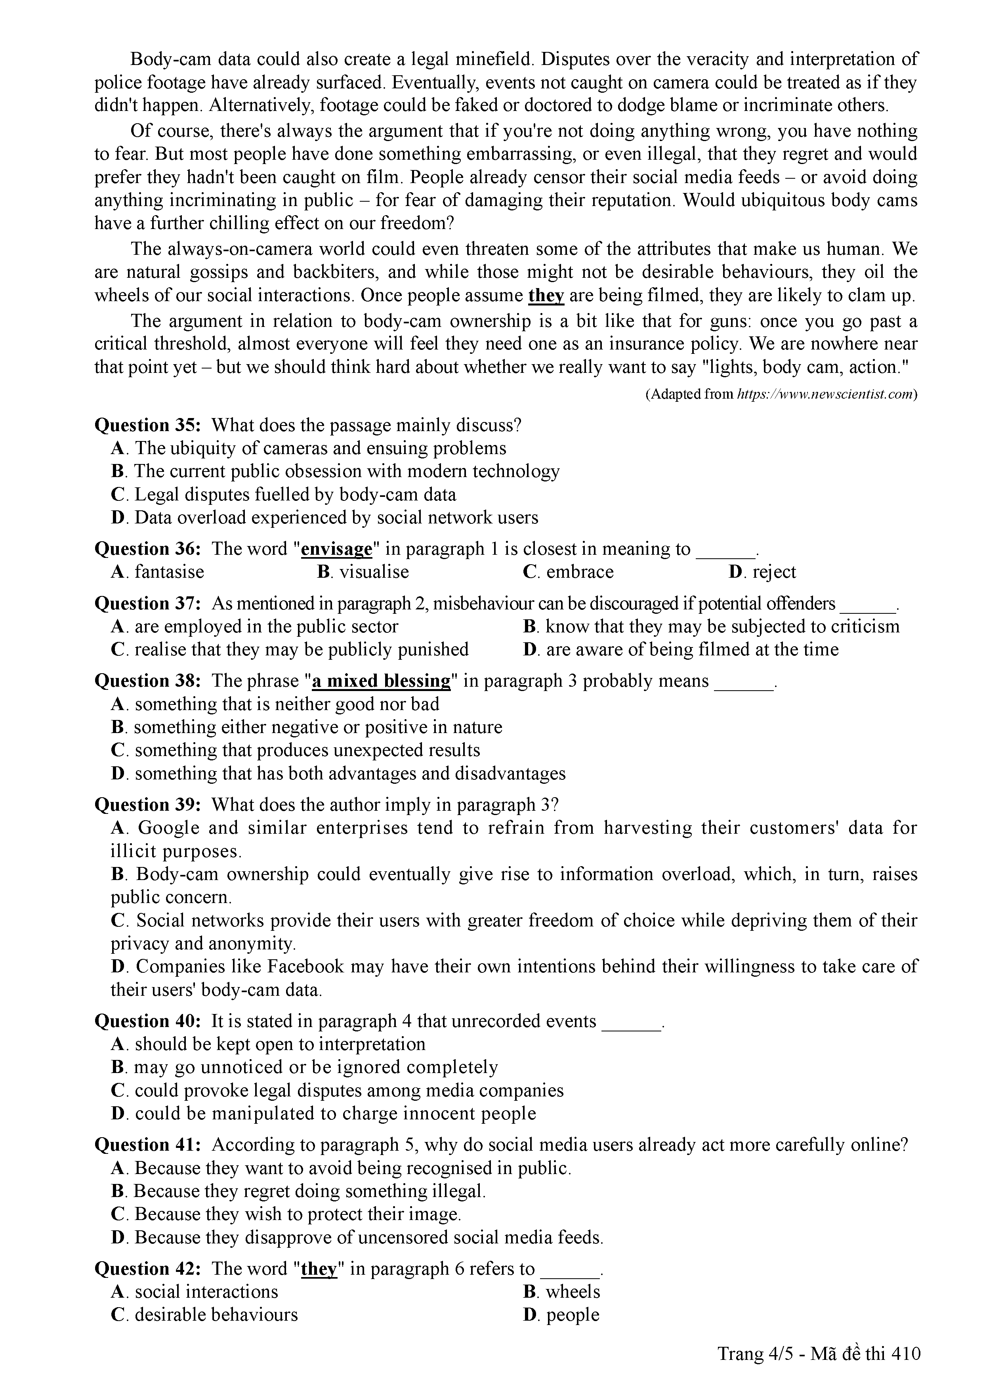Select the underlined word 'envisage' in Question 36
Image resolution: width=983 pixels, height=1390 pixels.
tap(336, 549)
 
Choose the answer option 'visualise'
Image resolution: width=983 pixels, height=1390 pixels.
tap(374, 572)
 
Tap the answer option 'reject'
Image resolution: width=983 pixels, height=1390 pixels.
tap(773, 572)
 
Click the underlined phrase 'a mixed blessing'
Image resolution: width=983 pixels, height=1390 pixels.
tap(381, 681)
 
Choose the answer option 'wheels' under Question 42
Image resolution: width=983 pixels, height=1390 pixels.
tap(573, 1291)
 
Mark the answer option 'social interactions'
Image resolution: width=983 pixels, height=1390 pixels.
tap(206, 1291)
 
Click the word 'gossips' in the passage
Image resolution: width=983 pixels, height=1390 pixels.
tap(220, 273)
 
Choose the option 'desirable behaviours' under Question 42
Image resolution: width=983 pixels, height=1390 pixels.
tap(216, 1314)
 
